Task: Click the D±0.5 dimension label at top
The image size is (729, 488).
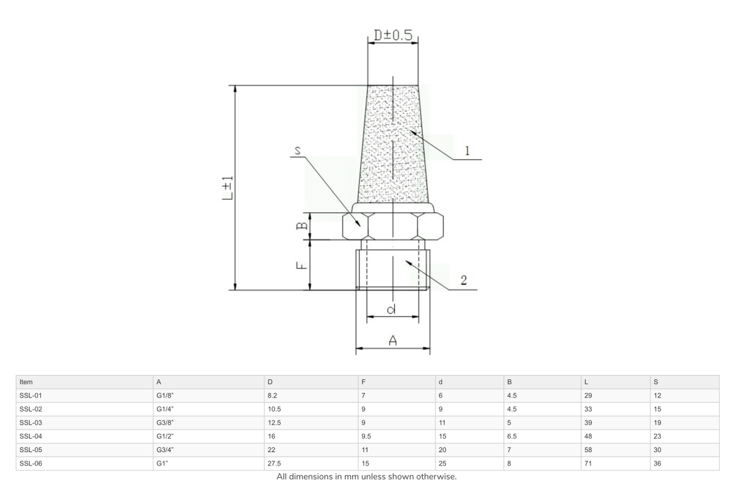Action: click(392, 36)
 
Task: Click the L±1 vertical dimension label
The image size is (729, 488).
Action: click(226, 188)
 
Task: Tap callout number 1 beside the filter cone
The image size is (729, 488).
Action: click(467, 151)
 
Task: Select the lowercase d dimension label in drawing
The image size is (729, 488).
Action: click(392, 310)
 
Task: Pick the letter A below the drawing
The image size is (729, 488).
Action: click(392, 342)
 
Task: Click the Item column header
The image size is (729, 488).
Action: click(26, 382)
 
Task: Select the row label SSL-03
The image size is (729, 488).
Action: click(31, 422)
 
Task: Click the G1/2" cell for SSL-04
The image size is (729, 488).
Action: click(166, 436)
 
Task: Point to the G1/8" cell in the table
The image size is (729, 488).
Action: click(166, 396)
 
